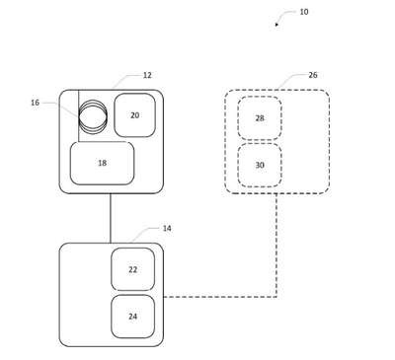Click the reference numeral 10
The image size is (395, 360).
click(304, 12)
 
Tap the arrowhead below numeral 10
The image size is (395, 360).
click(276, 25)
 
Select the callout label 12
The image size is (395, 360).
click(147, 75)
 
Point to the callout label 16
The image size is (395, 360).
click(35, 103)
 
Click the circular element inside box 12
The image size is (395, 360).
click(93, 116)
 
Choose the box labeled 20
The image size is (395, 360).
click(134, 115)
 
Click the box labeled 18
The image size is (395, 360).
click(102, 163)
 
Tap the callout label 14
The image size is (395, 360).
click(167, 228)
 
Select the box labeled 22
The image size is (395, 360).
click(132, 269)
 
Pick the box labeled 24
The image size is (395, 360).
click(132, 317)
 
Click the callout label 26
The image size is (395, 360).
click(313, 75)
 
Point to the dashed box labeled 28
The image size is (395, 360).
click(260, 118)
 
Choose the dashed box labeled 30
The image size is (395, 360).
click(260, 165)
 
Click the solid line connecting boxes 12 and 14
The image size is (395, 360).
click(111, 218)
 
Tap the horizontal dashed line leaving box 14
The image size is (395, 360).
click(220, 297)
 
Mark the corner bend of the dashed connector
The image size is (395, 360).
click(276, 297)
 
